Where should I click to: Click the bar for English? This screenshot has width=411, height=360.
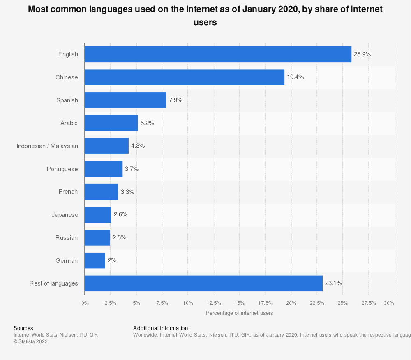pyautogui.click(x=218, y=54)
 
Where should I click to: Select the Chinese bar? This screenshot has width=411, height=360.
pyautogui.click(x=185, y=77)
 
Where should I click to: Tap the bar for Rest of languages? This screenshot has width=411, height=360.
pyautogui.click(x=203, y=283)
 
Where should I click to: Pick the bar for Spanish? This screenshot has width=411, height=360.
pyautogui.click(x=125, y=100)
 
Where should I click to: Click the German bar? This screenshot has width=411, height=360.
pyautogui.click(x=95, y=260)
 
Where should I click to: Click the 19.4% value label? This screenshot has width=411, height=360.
pyautogui.click(x=296, y=77)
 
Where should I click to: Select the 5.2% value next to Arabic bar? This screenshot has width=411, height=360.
pyautogui.click(x=147, y=123)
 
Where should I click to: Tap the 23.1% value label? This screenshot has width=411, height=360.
pyautogui.click(x=334, y=283)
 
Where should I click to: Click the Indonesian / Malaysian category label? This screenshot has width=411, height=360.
pyautogui.click(x=47, y=146)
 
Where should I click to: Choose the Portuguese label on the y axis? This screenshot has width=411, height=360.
pyautogui.click(x=62, y=169)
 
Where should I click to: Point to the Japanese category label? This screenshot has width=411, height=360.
pyautogui.click(x=65, y=215)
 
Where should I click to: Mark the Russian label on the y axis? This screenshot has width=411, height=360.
pyautogui.click(x=67, y=238)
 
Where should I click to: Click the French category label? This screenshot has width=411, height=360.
pyautogui.click(x=68, y=192)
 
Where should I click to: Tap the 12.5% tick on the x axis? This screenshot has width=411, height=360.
pyautogui.click(x=214, y=303)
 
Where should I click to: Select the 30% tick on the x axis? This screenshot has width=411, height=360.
pyautogui.click(x=389, y=303)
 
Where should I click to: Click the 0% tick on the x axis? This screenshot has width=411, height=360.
pyautogui.click(x=85, y=303)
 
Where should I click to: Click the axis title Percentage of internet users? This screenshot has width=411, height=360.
pyautogui.click(x=239, y=313)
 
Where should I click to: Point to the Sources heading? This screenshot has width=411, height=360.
pyautogui.click(x=23, y=328)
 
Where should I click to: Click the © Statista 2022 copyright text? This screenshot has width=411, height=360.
pyautogui.click(x=30, y=341)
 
